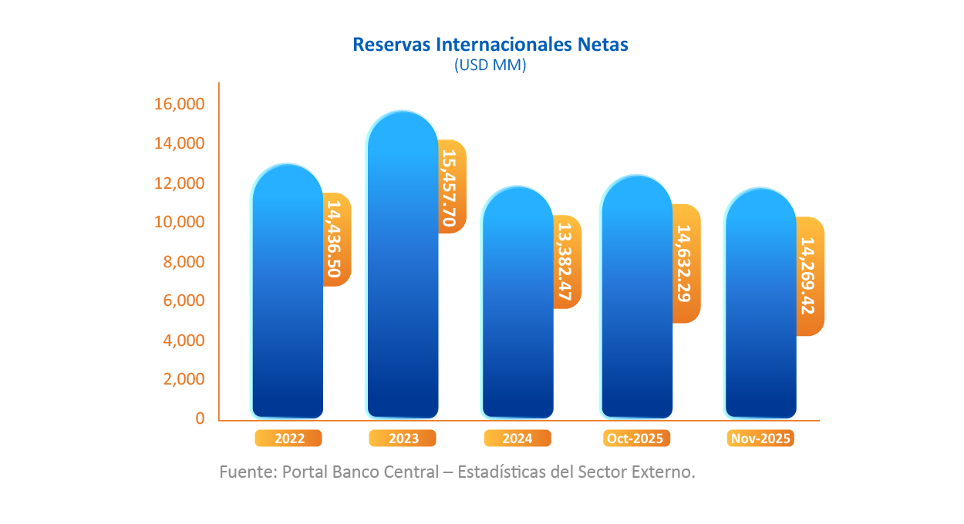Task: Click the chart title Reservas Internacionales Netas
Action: click(x=490, y=45)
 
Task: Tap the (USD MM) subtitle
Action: click(x=490, y=65)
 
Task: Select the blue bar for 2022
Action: click(x=287, y=293)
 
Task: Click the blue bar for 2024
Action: click(x=517, y=304)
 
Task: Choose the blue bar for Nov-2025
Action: click(x=760, y=304)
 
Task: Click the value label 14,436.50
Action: click(x=337, y=240)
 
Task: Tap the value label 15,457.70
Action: click(x=452, y=187)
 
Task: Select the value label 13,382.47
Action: click(x=567, y=262)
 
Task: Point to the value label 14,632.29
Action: click(x=686, y=264)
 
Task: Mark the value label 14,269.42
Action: click(x=810, y=277)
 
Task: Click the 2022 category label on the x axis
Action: click(x=288, y=438)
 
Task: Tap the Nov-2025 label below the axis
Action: click(x=760, y=438)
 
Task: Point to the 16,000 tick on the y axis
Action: click(x=180, y=104)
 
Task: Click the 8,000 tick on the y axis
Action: click(x=186, y=262)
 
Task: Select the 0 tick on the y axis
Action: click(x=200, y=418)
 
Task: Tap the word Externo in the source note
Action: click(x=666, y=472)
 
